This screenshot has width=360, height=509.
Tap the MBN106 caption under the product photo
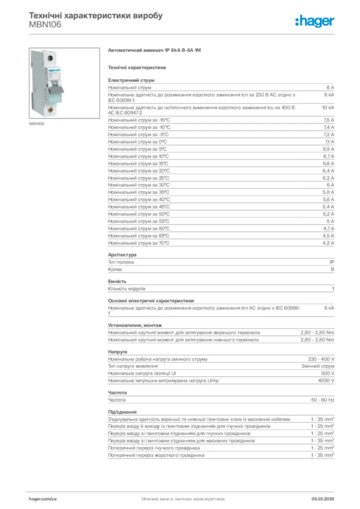[36, 123]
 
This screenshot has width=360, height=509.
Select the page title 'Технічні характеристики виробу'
[96, 15]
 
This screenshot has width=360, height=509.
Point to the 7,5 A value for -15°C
[329, 120]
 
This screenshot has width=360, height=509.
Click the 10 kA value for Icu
[328, 107]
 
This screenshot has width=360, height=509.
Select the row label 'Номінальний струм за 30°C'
[139, 185]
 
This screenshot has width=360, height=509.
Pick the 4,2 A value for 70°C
[329, 243]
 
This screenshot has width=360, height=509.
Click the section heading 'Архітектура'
[122, 255]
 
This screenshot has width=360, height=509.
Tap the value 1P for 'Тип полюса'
[331, 262]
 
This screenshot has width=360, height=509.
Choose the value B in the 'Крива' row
[333, 269]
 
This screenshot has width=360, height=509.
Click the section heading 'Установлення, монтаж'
[135, 326]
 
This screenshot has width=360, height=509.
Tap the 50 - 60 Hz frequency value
[323, 400]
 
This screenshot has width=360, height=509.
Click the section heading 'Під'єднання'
[122, 412]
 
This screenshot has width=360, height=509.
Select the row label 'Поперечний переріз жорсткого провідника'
[156, 455]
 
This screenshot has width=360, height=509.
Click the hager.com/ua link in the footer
[43, 498]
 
